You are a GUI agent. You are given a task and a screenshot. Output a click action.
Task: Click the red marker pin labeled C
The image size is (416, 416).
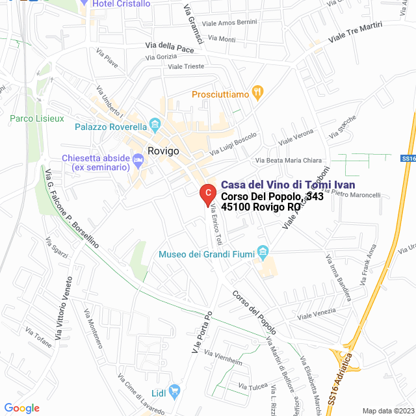(207, 193)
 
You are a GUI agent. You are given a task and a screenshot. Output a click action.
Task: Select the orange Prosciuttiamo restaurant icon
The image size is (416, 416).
(257, 94)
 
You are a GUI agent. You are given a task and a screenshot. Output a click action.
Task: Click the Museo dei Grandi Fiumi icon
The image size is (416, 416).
(263, 251)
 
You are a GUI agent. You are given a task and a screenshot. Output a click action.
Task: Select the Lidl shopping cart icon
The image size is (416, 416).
(174, 391)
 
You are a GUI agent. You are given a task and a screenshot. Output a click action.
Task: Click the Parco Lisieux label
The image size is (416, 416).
(36, 119)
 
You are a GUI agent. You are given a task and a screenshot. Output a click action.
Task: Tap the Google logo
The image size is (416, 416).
(21, 408)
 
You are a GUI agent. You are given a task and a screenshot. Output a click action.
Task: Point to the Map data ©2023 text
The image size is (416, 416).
(387, 410)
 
